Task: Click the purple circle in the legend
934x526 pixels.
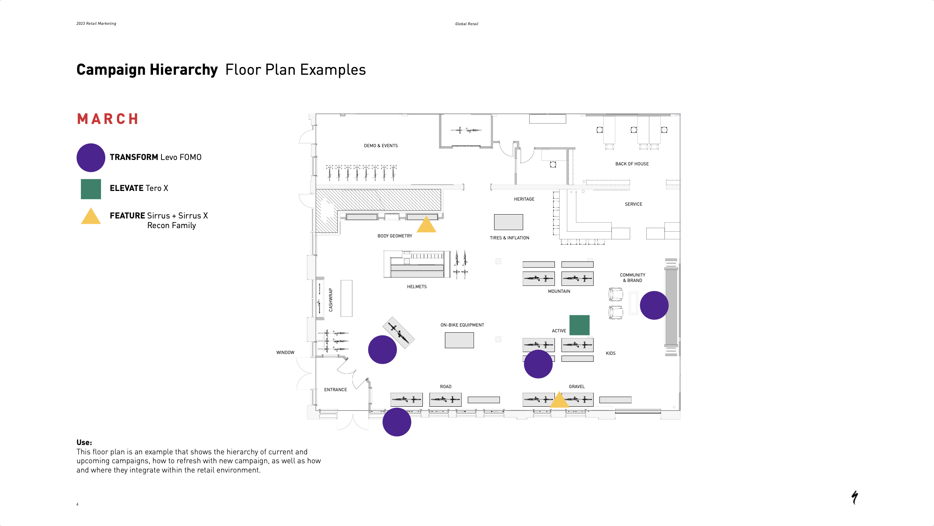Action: coord(91,158)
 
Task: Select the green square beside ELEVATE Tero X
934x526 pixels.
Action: coord(91,189)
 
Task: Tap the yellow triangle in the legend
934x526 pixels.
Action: coord(91,217)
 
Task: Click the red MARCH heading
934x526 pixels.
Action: coord(108,119)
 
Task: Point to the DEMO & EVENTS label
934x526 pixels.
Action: coord(381,146)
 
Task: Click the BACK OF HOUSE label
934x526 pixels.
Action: coord(632,164)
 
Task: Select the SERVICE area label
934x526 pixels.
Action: coord(634,204)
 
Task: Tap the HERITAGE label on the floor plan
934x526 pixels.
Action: coord(524,199)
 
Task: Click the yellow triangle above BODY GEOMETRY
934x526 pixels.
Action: coord(426,225)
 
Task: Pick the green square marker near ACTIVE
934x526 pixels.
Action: coord(579,325)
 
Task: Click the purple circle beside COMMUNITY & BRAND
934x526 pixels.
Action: coord(654,305)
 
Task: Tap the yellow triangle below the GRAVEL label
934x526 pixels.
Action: coord(559,400)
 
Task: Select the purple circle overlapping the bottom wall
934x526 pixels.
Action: coord(397,422)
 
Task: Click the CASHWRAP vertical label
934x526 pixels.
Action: coord(331,300)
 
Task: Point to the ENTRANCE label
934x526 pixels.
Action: coord(335,390)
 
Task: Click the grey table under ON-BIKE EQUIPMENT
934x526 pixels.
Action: coord(459,340)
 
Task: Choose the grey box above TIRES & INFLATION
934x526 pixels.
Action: coord(508,222)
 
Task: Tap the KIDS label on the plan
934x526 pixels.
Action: coord(611,353)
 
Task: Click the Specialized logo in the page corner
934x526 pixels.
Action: coord(855,497)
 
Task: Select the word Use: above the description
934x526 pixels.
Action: coord(84,442)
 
